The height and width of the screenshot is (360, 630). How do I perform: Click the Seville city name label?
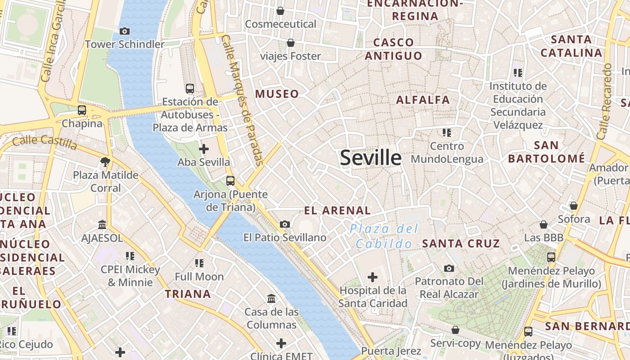pyautogui.click(x=371, y=158)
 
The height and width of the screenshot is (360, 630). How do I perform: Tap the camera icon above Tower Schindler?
pyautogui.click(x=125, y=31)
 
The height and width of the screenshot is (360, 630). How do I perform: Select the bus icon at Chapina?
pyautogui.click(x=81, y=110)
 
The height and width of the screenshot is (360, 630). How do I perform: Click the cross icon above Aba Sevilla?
pyautogui.click(x=204, y=148)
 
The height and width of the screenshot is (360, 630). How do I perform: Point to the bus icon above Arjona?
pyautogui.click(x=230, y=181)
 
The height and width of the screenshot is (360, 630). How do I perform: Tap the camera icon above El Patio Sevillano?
pyautogui.click(x=285, y=224)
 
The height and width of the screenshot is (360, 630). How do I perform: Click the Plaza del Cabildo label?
pyautogui.click(x=384, y=236)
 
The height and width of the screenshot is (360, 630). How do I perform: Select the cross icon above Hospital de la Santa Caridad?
pyautogui.click(x=373, y=277)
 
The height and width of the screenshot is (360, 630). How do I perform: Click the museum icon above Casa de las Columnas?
pyautogui.click(x=271, y=298)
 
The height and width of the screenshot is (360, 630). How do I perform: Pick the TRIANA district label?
pyautogui.click(x=188, y=294)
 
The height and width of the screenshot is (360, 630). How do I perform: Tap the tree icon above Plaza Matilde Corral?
pyautogui.click(x=106, y=162)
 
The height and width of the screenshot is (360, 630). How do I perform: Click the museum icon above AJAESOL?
pyautogui.click(x=102, y=225)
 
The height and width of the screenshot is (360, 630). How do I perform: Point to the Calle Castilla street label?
pyautogui.click(x=45, y=142)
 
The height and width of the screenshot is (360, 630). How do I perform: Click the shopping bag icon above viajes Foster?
pyautogui.click(x=291, y=43)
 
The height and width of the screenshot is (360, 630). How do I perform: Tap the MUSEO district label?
pyautogui.click(x=277, y=94)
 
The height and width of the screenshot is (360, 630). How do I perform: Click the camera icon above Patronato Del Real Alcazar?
pyautogui.click(x=449, y=268)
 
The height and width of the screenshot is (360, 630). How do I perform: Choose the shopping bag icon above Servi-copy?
pyautogui.click(x=455, y=330)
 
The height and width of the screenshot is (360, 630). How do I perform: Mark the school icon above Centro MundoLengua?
pyautogui.click(x=446, y=133)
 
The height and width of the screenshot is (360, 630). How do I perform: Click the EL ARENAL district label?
pyautogui.click(x=337, y=210)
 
